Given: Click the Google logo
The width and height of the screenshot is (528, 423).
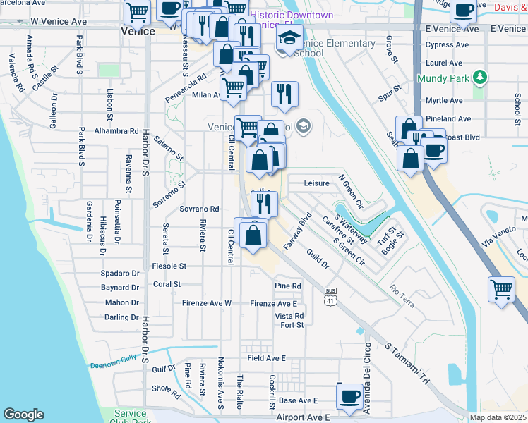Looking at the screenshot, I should point(23,414).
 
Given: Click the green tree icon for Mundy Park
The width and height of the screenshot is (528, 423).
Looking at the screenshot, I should point(480,76).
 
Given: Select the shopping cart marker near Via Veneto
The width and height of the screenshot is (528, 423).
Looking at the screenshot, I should point(501,289).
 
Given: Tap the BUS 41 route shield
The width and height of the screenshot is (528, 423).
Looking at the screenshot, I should point(330,296).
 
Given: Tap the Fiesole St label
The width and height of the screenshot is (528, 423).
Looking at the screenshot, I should point(169,266).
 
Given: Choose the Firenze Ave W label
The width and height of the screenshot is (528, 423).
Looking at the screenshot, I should point(208,303).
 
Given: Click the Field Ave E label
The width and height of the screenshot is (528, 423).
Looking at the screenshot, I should point(266,358).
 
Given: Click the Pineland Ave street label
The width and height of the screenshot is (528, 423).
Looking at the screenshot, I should point(448,119).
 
